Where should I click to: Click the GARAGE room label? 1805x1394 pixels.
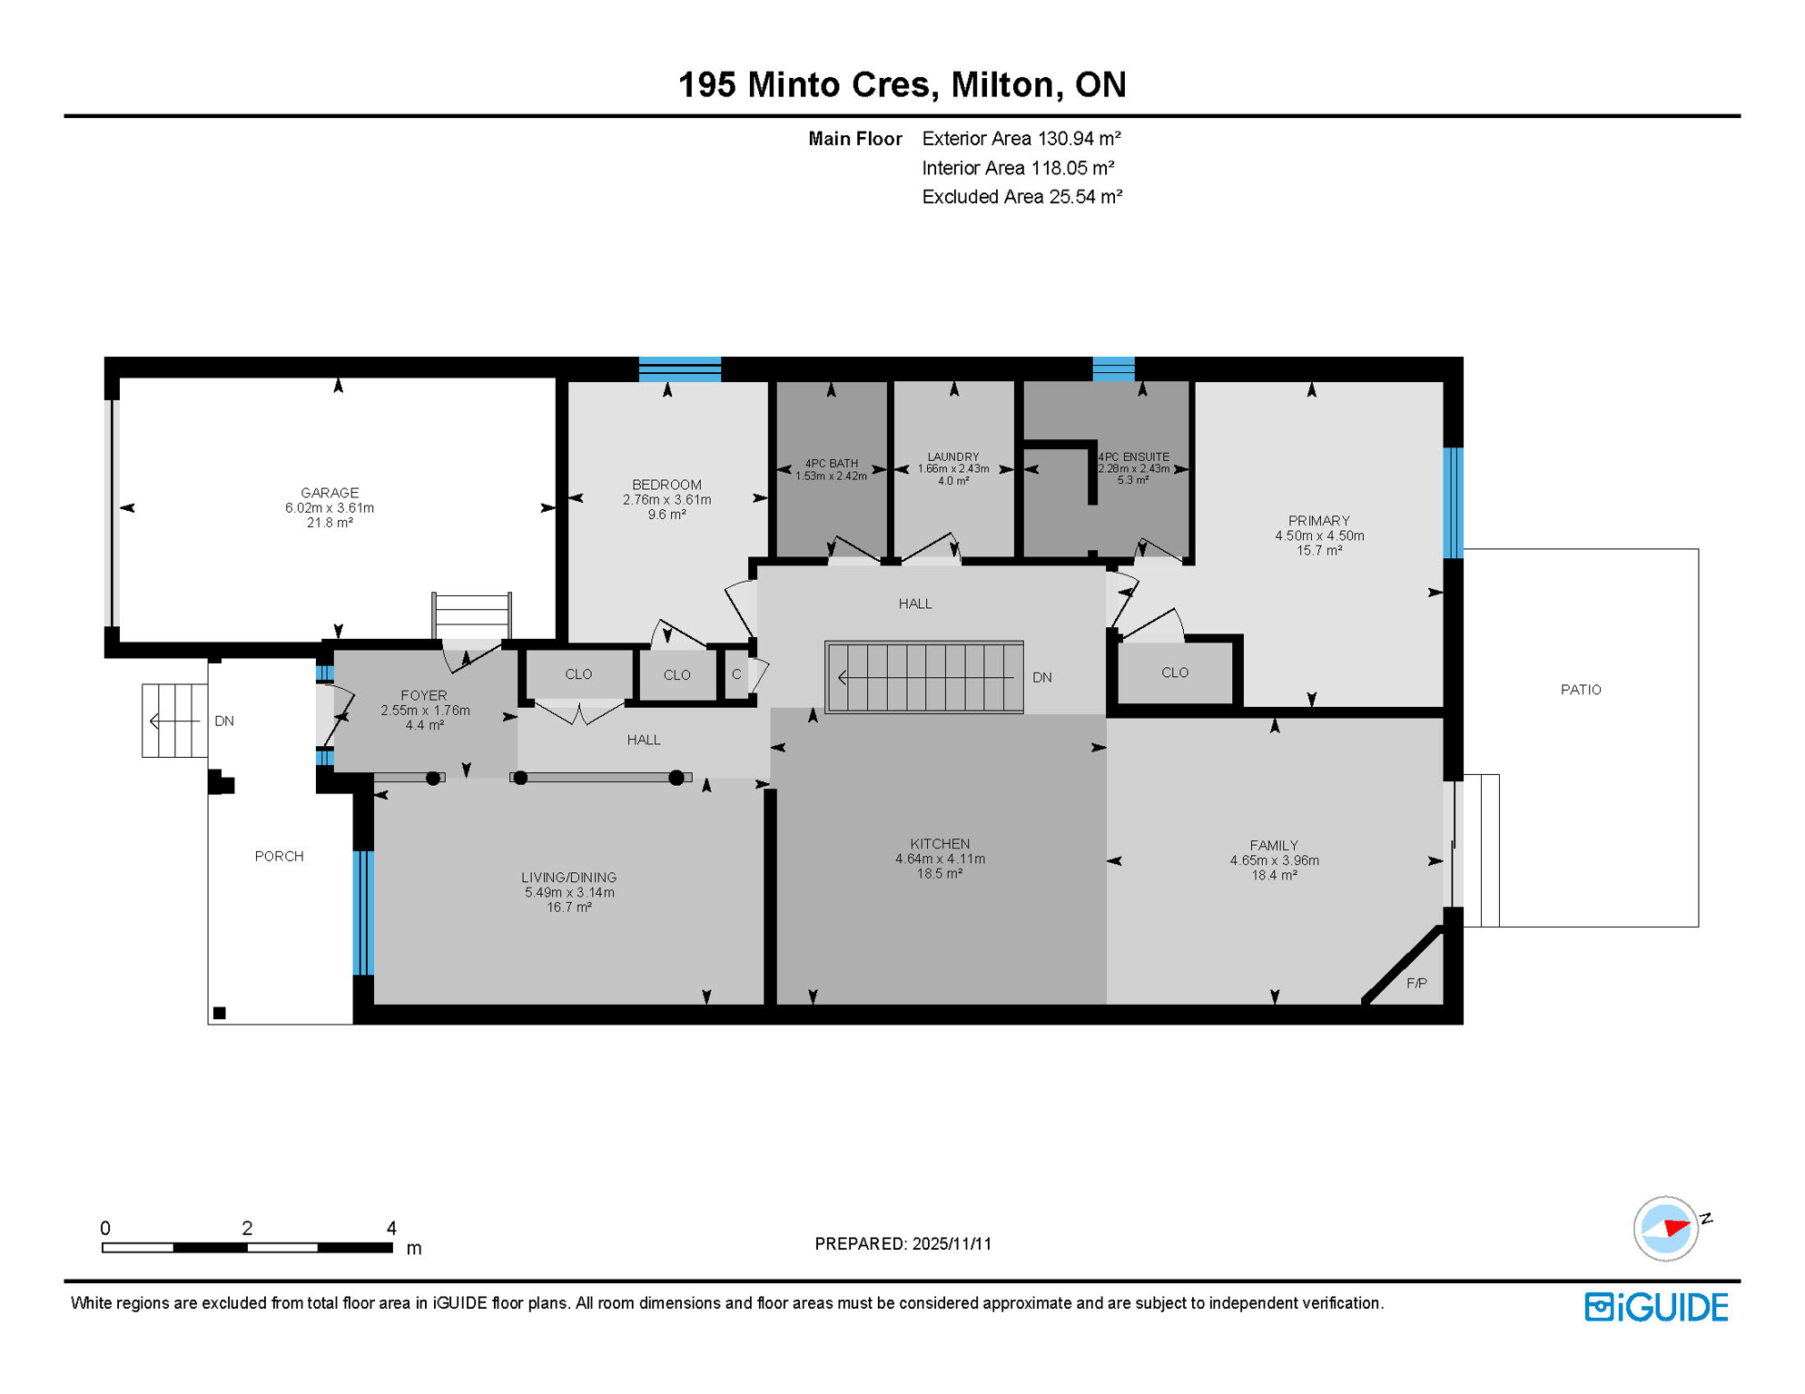click(x=330, y=493)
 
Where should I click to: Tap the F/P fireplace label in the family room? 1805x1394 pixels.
click(x=1416, y=983)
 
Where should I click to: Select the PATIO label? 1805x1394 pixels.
click(x=1581, y=690)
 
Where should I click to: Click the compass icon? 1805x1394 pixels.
click(x=1666, y=1229)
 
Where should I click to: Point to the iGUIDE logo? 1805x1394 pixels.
click(x=1656, y=1307)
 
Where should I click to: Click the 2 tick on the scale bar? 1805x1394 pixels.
click(x=247, y=1229)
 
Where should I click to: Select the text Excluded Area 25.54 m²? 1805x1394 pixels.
click(x=1021, y=197)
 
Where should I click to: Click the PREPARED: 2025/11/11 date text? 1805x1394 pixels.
click(x=902, y=1243)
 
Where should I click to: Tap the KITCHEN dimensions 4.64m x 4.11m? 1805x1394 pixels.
click(x=940, y=859)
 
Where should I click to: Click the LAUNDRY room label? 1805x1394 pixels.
click(x=953, y=456)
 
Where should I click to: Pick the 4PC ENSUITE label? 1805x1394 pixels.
click(x=1134, y=456)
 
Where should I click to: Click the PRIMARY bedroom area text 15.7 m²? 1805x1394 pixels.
click(x=1318, y=551)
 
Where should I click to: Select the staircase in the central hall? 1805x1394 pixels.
click(x=924, y=677)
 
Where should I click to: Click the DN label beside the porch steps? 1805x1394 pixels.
click(x=224, y=722)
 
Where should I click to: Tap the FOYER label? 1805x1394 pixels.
click(x=424, y=696)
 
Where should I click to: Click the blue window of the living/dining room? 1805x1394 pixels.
click(x=363, y=912)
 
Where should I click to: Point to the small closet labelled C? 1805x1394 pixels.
click(x=736, y=674)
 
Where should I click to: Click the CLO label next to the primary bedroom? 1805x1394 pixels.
click(x=1175, y=672)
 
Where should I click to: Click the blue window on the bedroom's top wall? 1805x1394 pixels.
click(x=680, y=368)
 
